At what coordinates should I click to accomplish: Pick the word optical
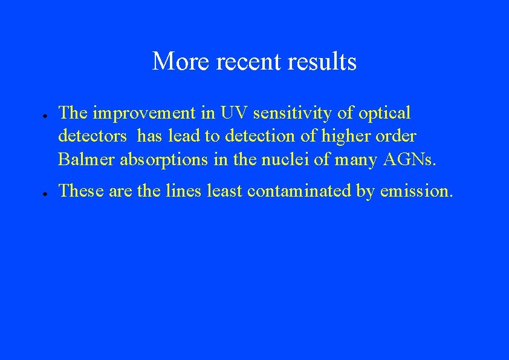coord(384,113)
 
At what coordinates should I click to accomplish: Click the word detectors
coord(92,136)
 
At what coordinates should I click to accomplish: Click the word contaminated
coord(299,191)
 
